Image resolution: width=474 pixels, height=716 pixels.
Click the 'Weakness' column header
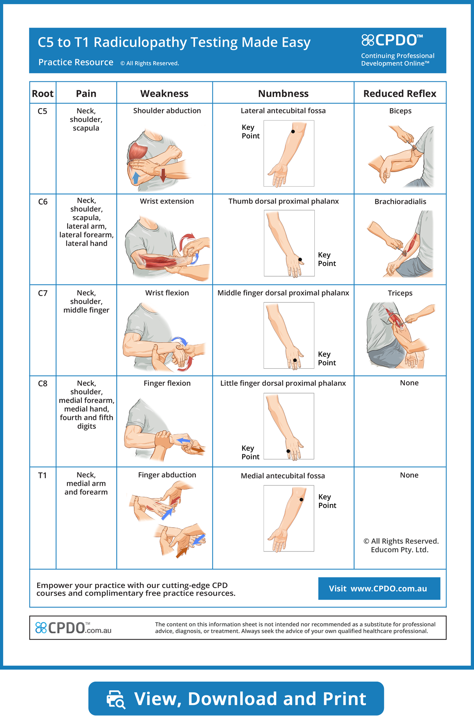[164, 94]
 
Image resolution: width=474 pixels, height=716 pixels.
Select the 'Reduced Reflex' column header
[400, 94]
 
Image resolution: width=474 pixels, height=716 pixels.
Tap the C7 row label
[43, 293]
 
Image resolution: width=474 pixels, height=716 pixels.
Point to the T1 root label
[42, 476]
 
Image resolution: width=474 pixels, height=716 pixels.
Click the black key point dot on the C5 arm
[293, 131]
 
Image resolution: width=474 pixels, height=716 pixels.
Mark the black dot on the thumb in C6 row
[300, 260]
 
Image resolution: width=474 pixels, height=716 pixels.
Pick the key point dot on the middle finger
[295, 360]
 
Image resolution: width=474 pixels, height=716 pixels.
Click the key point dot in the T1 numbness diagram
[301, 500]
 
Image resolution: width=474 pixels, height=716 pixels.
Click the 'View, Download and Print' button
[236, 698]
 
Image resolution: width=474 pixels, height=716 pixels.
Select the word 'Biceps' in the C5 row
[400, 111]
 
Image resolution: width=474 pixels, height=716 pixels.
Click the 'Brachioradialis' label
[400, 202]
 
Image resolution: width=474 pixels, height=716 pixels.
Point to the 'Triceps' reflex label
[400, 293]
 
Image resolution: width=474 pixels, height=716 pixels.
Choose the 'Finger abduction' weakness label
[167, 475]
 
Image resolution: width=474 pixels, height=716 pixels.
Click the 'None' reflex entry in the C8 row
[409, 383]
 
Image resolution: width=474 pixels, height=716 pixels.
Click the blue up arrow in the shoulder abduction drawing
[135, 178]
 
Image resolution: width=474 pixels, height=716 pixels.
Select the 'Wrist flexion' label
[167, 293]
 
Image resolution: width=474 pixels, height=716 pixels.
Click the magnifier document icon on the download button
[116, 699]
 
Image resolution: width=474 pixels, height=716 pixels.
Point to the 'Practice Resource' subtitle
[76, 62]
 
